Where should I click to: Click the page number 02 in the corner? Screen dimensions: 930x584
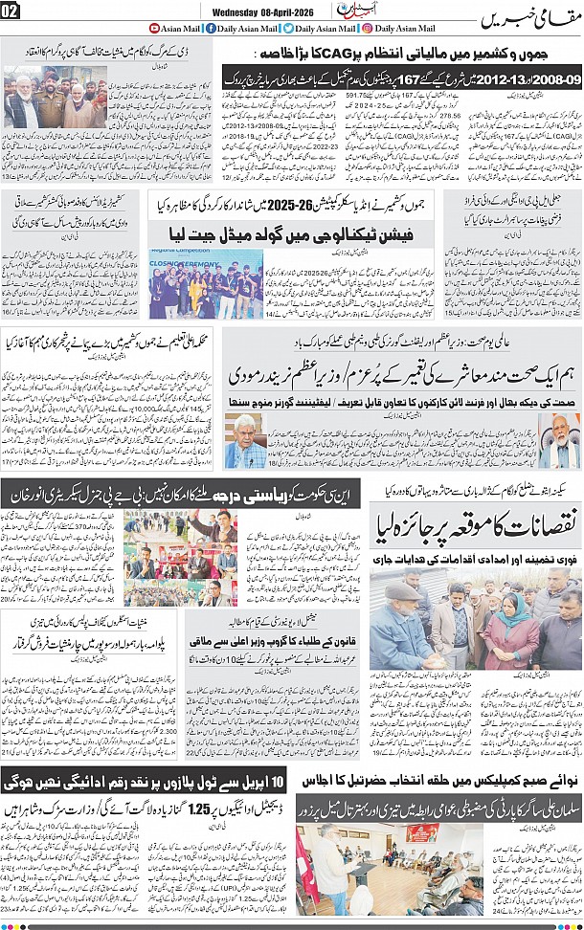tap(11, 11)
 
